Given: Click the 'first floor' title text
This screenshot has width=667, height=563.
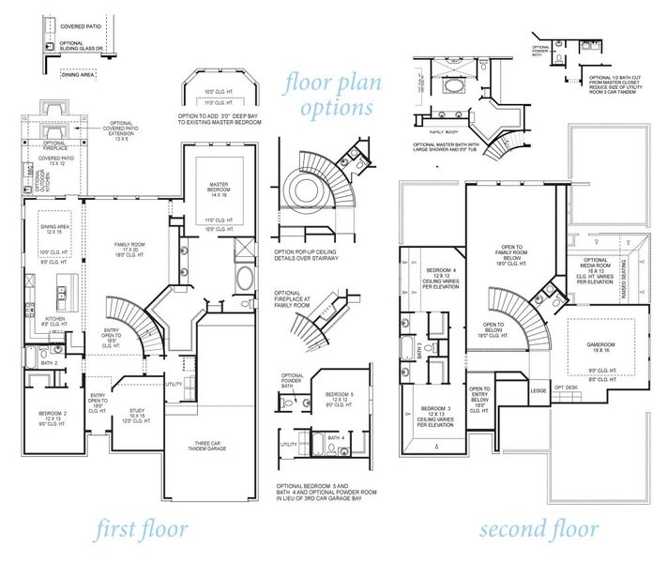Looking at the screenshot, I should point(141,529).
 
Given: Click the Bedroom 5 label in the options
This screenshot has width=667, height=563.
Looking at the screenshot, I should point(339,394).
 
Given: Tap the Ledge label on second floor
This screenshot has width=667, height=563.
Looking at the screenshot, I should point(538,390).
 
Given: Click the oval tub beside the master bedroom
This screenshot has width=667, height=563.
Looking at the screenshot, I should point(245,279).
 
